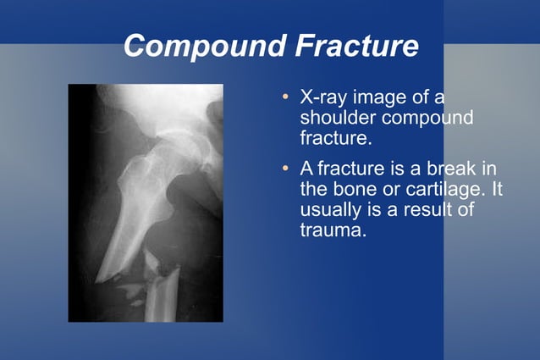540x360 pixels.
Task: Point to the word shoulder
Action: point(336,117)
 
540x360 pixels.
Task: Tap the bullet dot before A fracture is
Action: point(286,169)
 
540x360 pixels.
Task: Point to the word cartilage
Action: point(444,188)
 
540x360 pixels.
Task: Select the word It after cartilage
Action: point(496,188)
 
